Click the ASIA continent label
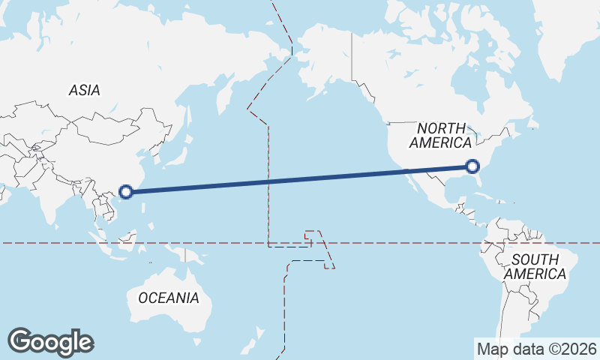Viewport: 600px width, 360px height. coord(84,90)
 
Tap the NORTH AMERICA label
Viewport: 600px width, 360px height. coord(441,135)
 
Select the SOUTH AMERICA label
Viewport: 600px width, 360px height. coord(535,267)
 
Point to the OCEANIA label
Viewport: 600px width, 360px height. coord(169,298)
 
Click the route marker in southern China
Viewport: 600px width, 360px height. coord(127,191)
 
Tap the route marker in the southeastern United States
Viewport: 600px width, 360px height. coord(472,166)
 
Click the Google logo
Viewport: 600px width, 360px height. coord(50,342)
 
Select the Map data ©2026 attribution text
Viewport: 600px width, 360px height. coord(536,349)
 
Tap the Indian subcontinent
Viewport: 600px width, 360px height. coord(45,195)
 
